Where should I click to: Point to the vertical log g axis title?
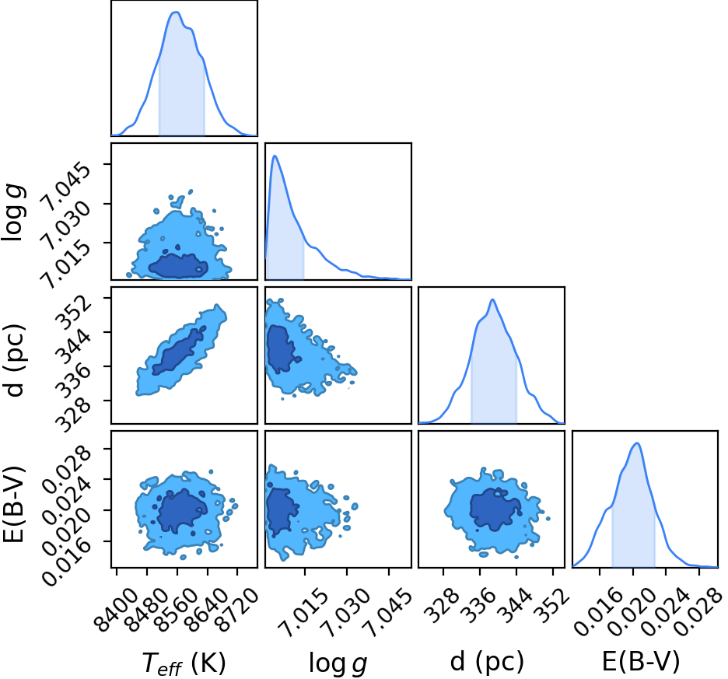(13, 212)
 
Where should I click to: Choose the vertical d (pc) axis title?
(15, 355)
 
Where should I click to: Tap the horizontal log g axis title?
(338, 663)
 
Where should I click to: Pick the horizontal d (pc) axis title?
(487, 661)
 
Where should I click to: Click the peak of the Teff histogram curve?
(177, 12)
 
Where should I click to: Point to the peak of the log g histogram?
(275, 156)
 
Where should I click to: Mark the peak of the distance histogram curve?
(492, 299)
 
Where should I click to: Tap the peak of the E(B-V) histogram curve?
(638, 443)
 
